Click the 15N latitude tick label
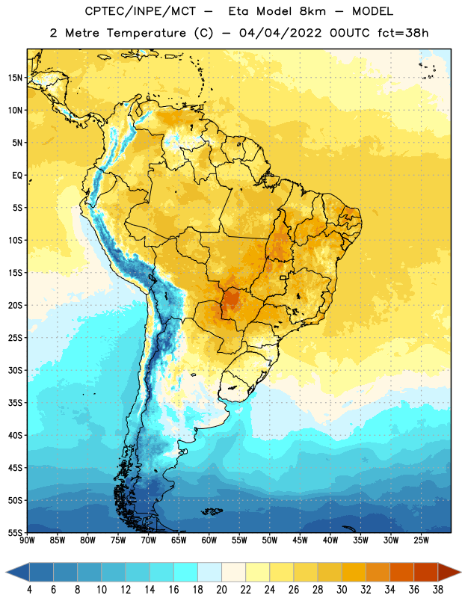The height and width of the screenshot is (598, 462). (16, 78)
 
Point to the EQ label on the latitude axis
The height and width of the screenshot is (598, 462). (17, 176)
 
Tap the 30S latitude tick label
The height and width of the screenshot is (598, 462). (16, 370)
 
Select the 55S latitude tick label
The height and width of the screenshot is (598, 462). (16, 532)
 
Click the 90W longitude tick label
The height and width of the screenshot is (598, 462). (27, 540)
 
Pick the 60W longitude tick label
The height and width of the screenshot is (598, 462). (209, 540)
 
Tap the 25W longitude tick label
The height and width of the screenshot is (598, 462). (421, 540)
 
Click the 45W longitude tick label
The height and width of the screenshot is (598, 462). (300, 540)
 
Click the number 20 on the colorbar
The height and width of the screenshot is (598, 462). (221, 590)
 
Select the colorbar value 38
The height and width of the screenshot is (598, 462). (438, 590)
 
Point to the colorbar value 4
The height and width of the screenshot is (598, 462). (29, 590)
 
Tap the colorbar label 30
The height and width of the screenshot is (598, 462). (342, 590)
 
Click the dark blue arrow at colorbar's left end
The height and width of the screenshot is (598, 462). (18, 572)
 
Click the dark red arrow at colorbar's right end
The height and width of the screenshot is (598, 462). (449, 572)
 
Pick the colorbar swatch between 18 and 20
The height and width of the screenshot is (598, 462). (209, 572)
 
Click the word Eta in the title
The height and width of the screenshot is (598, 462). (238, 11)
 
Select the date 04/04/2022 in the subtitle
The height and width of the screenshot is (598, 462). (280, 33)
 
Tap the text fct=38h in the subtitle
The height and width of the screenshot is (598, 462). (403, 33)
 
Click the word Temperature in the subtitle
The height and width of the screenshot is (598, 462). (146, 33)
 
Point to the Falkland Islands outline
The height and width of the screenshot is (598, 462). (212, 511)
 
